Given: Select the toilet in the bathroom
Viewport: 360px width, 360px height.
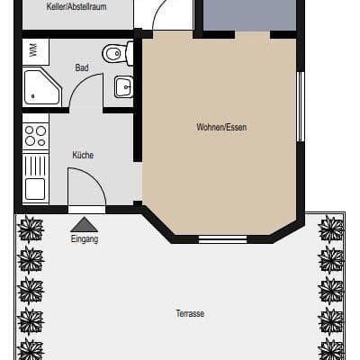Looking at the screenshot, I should (116, 55).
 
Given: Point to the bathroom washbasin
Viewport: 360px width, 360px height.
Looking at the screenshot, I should (123, 87).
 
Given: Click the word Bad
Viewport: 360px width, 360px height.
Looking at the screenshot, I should (82, 67).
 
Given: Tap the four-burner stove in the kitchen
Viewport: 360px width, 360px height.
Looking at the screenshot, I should (35, 135).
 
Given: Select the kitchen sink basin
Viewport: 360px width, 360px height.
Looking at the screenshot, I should (35, 188).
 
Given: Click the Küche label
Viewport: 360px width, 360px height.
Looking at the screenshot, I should (83, 155).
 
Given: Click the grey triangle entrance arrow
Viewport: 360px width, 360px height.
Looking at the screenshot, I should (85, 224).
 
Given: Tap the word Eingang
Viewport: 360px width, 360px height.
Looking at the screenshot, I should (85, 239).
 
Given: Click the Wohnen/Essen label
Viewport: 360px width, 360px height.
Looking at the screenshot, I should (221, 127).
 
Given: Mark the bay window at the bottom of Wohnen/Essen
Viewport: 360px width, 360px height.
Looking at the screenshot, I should (222, 238).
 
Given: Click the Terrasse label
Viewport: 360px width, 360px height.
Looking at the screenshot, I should (190, 313).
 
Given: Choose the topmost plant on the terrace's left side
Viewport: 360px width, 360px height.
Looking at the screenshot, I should (31, 229).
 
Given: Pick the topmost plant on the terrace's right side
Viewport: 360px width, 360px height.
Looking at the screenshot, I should (330, 229).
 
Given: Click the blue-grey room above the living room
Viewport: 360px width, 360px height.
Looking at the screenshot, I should (249, 14).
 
